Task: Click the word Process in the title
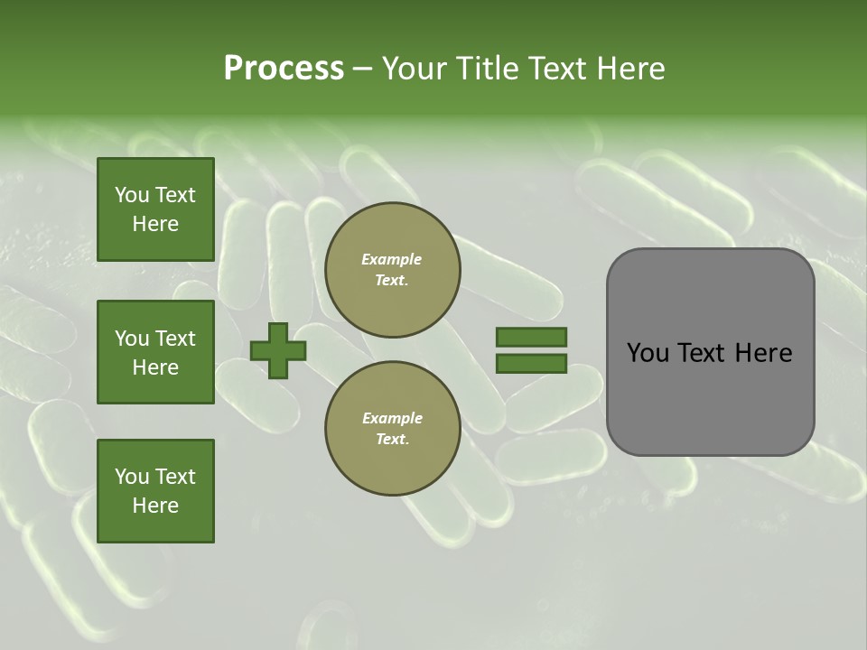pos(284,69)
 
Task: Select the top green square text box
pos(155,209)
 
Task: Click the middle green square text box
pos(155,352)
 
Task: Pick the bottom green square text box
pos(155,491)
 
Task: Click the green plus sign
pos(278,350)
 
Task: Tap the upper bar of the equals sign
pos(531,337)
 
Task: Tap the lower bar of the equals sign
pos(531,364)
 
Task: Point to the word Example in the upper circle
pos(392,259)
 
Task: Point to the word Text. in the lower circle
pos(392,440)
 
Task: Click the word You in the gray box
pos(647,353)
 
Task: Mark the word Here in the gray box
pos(763,353)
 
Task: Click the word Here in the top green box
pos(155,224)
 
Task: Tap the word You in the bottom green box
pos(132,477)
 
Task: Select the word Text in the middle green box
pos(175,339)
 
